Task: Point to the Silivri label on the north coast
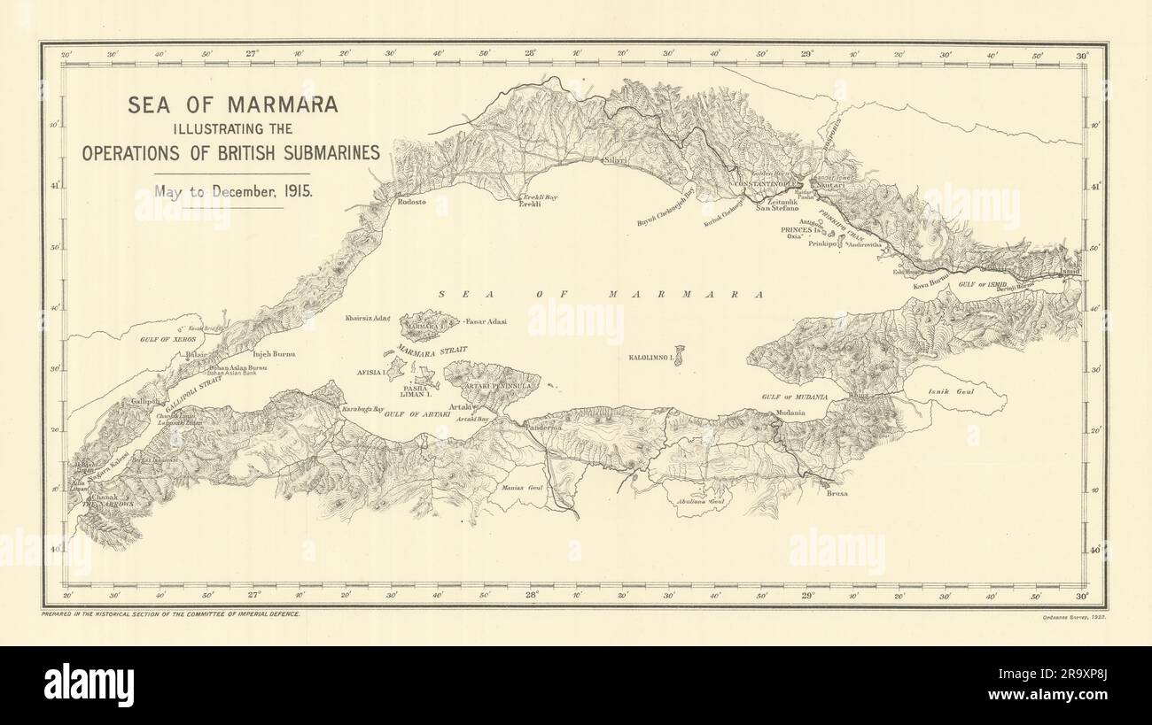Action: coord(615,161)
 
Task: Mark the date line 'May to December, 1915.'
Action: coord(232,189)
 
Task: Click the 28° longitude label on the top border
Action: coord(530,53)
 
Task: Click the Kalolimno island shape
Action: coord(679,353)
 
